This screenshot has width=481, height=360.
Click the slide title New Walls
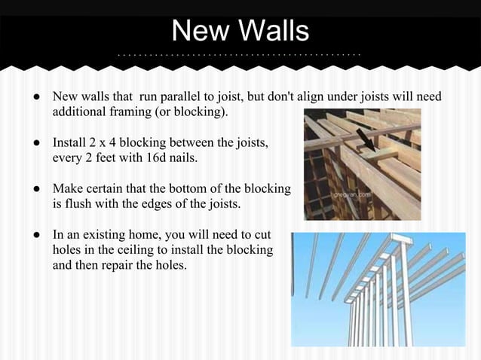coord(240,31)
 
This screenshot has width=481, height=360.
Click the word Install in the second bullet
coord(69,142)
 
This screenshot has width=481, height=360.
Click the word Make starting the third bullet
coord(66,187)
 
